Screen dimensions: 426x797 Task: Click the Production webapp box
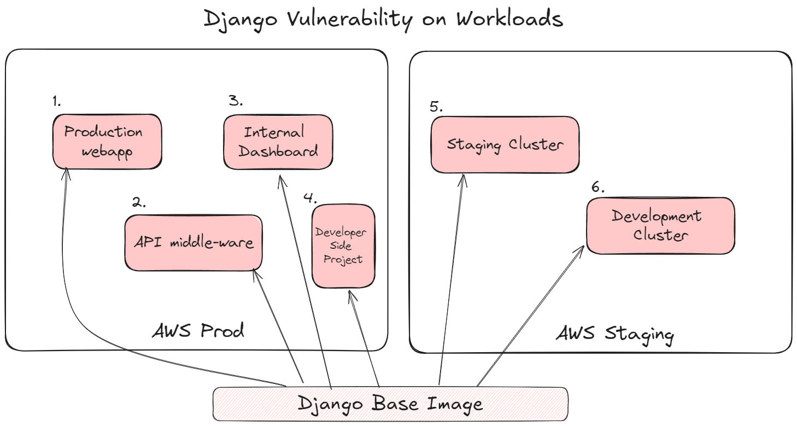(107, 142)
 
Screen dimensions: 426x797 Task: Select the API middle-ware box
(194, 242)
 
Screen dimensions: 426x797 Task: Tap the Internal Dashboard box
(278, 142)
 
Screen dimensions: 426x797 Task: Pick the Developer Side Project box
(343, 246)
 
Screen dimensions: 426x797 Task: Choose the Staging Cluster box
(505, 144)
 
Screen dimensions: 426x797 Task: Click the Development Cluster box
(660, 225)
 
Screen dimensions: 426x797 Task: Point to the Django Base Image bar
(390, 404)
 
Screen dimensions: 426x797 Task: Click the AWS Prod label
(198, 331)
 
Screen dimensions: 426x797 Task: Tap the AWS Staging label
(615, 334)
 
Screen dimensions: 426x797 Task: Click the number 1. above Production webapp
(57, 101)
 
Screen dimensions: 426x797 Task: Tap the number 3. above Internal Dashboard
(236, 101)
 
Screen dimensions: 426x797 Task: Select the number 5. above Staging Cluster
(436, 106)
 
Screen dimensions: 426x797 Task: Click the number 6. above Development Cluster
(598, 188)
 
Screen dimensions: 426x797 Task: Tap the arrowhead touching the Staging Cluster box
(463, 178)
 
